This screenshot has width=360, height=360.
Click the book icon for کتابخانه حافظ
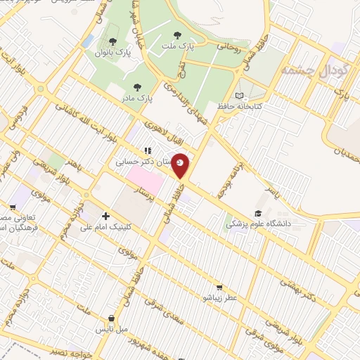(239, 96)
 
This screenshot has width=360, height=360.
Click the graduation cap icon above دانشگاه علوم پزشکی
(258, 213)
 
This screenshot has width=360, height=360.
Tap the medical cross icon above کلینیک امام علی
(105, 216)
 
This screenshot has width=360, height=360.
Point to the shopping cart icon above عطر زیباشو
(219, 287)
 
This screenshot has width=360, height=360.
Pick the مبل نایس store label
(112, 328)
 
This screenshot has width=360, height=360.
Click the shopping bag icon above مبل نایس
(112, 318)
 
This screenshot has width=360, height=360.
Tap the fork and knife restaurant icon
(147, 150)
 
